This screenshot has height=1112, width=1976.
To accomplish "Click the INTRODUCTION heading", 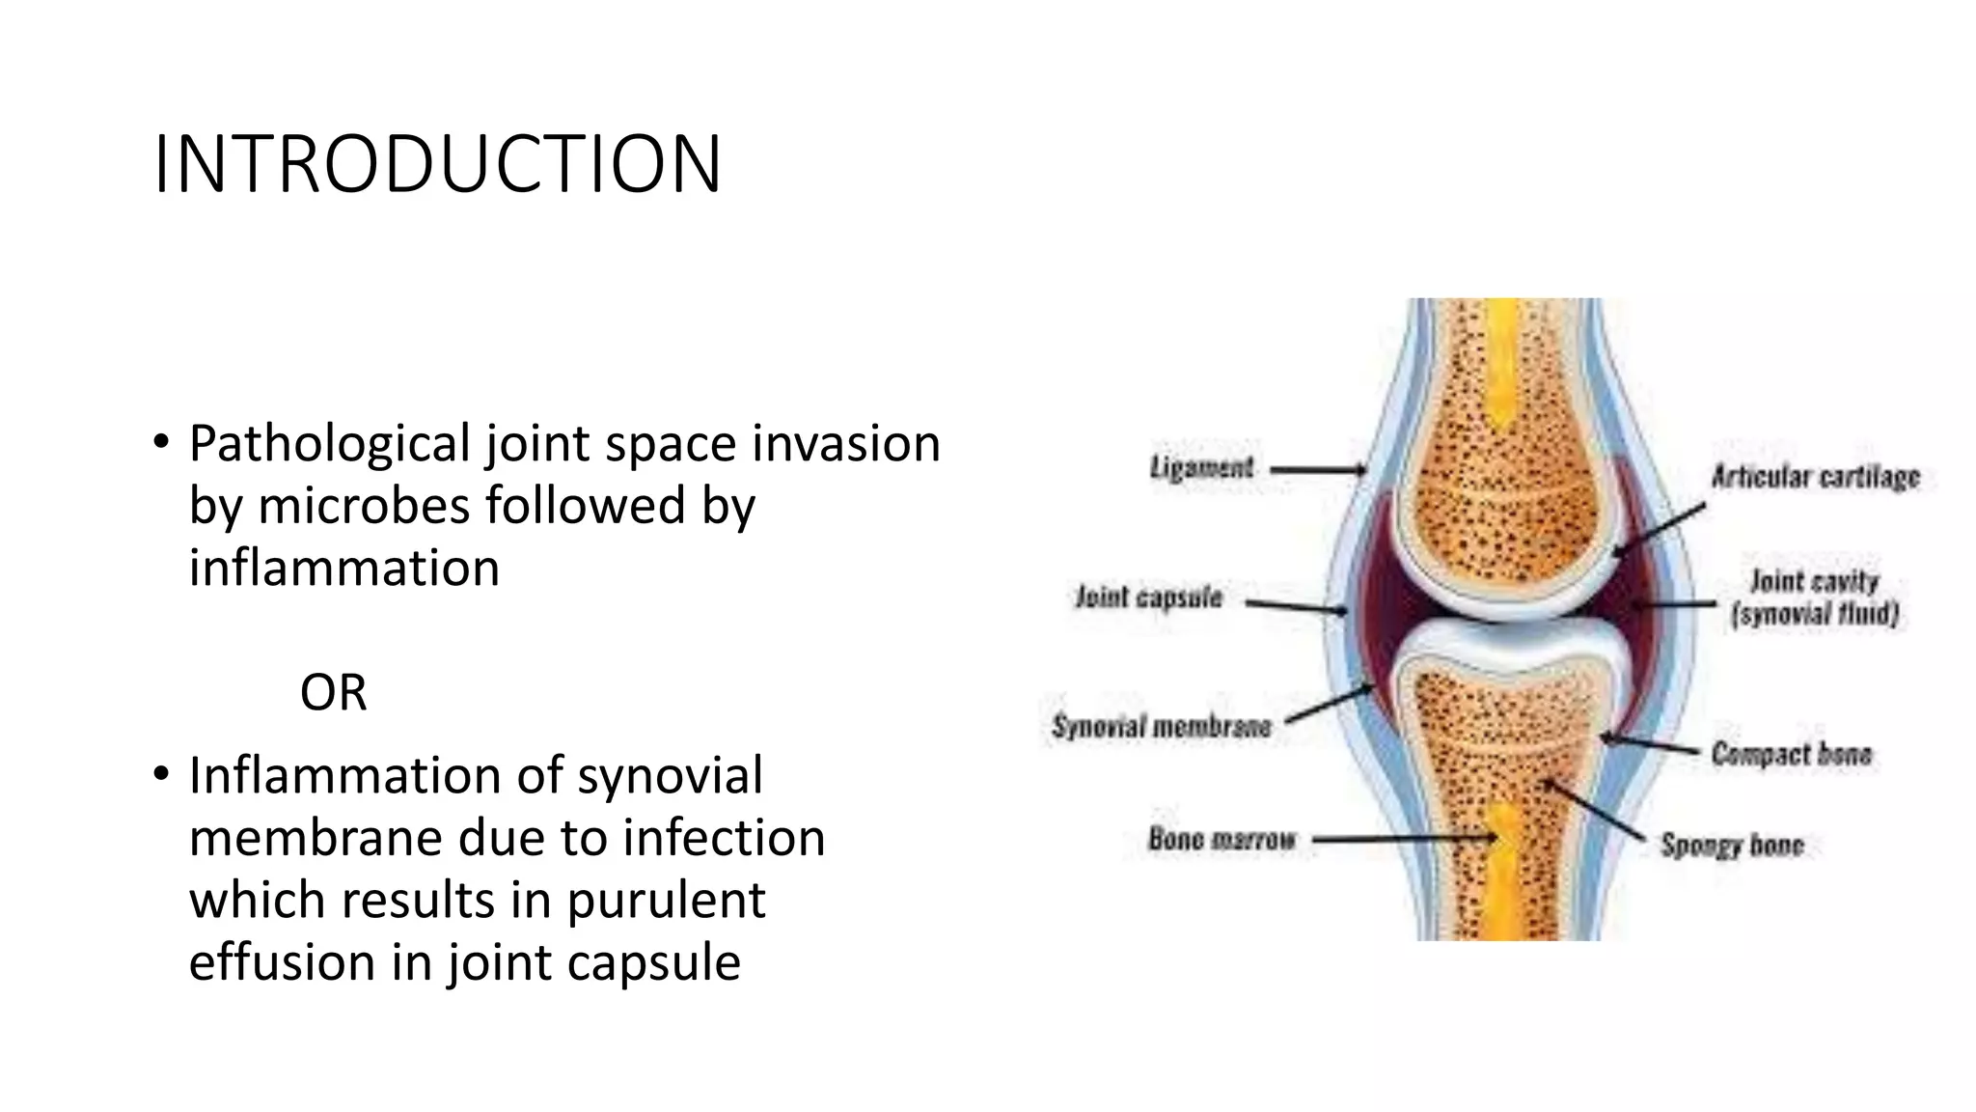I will pos(437,164).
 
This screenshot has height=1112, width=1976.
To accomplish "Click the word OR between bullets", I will pos(333,692).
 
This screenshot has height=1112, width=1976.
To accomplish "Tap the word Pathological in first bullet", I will pos(329,444).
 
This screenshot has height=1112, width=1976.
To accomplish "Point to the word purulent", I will pos(665,900).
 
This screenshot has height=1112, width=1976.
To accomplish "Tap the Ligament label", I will pos(1201,468).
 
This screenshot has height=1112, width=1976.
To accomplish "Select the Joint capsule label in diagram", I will pos(1149,598).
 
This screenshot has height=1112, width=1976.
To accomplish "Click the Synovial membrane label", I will pos(1162,726).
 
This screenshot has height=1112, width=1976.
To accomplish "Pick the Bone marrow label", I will pos(1221,839).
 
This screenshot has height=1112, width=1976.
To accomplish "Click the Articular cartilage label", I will pos(1816,477).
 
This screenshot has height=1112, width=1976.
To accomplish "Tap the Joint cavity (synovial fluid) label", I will pos(1815,598).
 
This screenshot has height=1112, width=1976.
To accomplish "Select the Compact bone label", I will pos(1792,754).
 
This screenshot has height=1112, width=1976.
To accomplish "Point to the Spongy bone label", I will pos(1732,846).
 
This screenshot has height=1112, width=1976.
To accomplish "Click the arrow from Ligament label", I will pos(1318,471).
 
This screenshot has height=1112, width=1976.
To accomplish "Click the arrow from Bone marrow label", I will pos(1404,840).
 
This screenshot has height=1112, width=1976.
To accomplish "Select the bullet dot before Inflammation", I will pos(160,775).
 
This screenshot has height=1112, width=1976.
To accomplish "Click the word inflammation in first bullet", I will pos(344,568).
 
